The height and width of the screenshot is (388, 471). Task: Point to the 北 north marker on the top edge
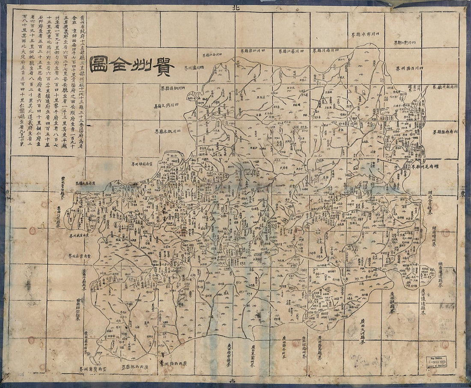(234, 7)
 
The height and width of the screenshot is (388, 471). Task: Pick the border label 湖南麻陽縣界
(445, 132)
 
